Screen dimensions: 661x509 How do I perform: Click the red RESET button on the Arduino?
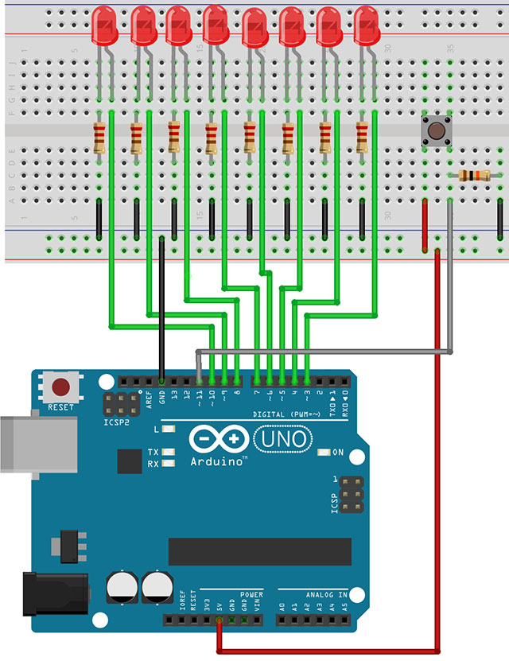60,388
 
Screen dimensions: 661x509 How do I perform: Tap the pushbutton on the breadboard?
435,130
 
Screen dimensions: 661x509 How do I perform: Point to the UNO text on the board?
282,438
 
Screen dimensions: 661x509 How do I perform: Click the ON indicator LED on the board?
324,452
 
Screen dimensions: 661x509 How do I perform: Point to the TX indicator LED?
167,452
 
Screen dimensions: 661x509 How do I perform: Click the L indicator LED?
167,430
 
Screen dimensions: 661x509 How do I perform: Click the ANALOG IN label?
324,594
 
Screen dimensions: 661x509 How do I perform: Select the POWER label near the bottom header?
251,594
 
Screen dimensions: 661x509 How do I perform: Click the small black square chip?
129,462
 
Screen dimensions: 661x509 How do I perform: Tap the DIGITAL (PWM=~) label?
287,414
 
